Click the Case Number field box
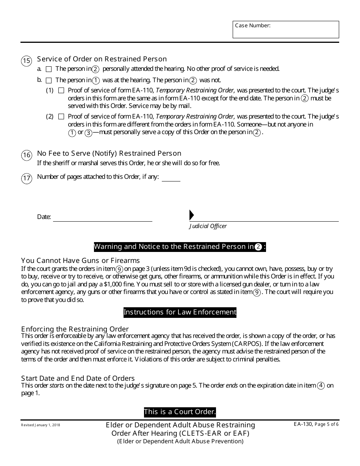tap(286, 30)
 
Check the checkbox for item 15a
tap(49, 69)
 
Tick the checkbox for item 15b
tap(49, 80)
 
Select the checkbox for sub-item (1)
tap(61, 91)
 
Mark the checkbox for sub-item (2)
tap(61, 117)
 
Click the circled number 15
tap(27, 61)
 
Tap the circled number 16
tap(27, 155)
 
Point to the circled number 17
tap(27, 178)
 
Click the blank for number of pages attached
tap(171, 178)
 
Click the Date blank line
tap(102, 217)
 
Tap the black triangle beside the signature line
tap(191, 215)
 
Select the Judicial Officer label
tap(208, 226)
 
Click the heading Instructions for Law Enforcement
tap(180, 313)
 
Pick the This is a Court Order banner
tap(180, 412)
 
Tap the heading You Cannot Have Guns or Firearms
tap(80, 261)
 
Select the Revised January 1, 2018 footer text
tap(41, 425)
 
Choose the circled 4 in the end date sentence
tap(321, 386)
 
